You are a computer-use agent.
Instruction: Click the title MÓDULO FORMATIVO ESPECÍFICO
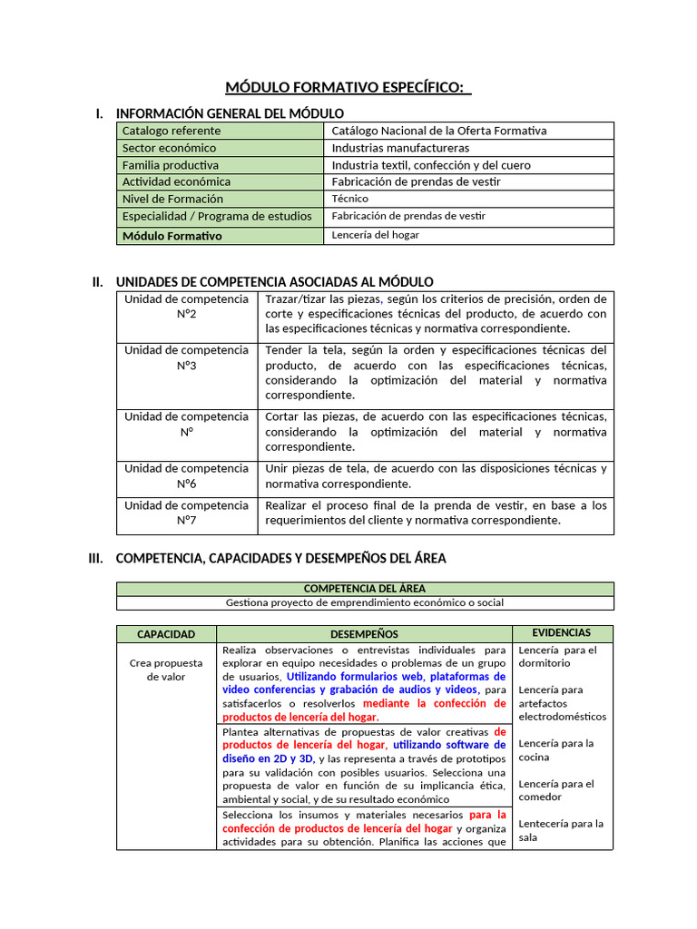[x=348, y=87]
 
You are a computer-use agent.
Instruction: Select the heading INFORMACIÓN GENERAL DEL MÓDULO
[x=230, y=113]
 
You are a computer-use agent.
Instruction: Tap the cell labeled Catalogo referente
[x=172, y=131]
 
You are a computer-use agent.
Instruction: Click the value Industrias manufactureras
[x=400, y=148]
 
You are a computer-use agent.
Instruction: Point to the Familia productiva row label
[x=171, y=165]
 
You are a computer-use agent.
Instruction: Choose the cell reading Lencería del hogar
[x=375, y=235]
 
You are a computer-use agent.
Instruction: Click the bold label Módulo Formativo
[x=172, y=236]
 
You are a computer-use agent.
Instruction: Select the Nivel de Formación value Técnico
[x=350, y=200]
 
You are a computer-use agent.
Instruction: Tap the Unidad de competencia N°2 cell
[x=186, y=307]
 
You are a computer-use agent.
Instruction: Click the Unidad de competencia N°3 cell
[x=186, y=357]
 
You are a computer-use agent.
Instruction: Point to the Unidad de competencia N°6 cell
[x=186, y=476]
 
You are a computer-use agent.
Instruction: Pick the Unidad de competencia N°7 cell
[x=186, y=513]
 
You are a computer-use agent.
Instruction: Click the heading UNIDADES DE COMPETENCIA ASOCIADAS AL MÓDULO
[x=274, y=282]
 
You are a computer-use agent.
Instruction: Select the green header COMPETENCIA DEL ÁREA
[x=364, y=589]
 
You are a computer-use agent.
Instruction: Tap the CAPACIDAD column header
[x=166, y=634]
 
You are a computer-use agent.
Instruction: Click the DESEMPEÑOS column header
[x=364, y=634]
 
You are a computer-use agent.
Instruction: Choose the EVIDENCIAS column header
[x=561, y=633]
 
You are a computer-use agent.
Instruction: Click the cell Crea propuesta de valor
[x=166, y=670]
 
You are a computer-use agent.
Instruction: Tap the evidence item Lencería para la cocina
[x=555, y=749]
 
